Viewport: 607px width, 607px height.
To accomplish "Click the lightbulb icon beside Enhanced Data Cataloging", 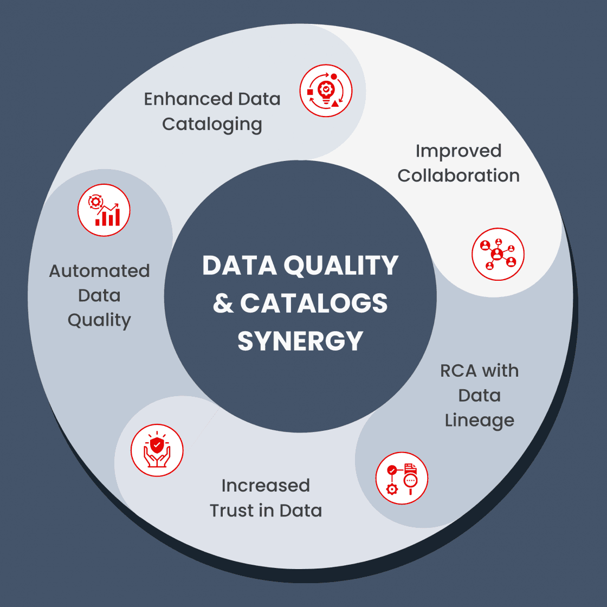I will coord(326,91).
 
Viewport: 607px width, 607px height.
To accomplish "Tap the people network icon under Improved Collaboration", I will coord(498,254).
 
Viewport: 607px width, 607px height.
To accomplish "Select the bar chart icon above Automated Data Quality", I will coord(104,210).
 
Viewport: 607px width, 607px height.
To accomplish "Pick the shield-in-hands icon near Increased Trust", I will coord(157,450).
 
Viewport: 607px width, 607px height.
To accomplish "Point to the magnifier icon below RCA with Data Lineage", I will coord(402,479).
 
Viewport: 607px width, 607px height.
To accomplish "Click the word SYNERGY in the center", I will coord(300,341).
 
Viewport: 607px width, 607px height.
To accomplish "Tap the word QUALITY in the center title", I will coord(341,266).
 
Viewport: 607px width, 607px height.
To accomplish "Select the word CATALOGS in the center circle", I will coord(314,303).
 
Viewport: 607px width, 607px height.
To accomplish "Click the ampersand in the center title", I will coord(223,303).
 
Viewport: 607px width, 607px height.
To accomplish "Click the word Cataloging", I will coord(212,125).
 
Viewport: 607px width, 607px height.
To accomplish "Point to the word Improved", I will coord(459,151).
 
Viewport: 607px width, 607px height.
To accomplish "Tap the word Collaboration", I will coord(459,176).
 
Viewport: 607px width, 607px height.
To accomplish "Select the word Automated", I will coord(99,270).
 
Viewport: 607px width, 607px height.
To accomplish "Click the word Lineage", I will coord(480,421).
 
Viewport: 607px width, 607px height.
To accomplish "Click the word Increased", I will coord(266,486).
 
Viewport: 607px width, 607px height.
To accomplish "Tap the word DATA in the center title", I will coord(239,266).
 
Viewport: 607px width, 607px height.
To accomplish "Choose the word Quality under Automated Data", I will coord(99,320).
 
